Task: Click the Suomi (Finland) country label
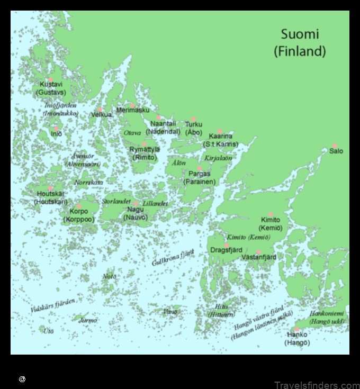click(x=300, y=43)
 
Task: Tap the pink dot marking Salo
click(x=335, y=146)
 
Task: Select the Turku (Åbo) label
click(x=194, y=128)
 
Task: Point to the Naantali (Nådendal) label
click(x=163, y=128)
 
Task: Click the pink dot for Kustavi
click(x=51, y=80)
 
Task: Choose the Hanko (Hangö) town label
click(x=297, y=338)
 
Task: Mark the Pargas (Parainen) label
click(x=200, y=178)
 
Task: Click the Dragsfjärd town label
click(x=227, y=250)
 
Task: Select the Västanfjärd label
click(x=259, y=257)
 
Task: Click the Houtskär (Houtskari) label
click(x=51, y=198)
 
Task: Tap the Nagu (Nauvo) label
click(x=136, y=213)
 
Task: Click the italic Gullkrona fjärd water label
click(x=173, y=258)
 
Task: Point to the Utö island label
click(x=49, y=331)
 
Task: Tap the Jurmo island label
click(x=88, y=320)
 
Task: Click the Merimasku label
click(x=133, y=110)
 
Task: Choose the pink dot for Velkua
click(x=100, y=110)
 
